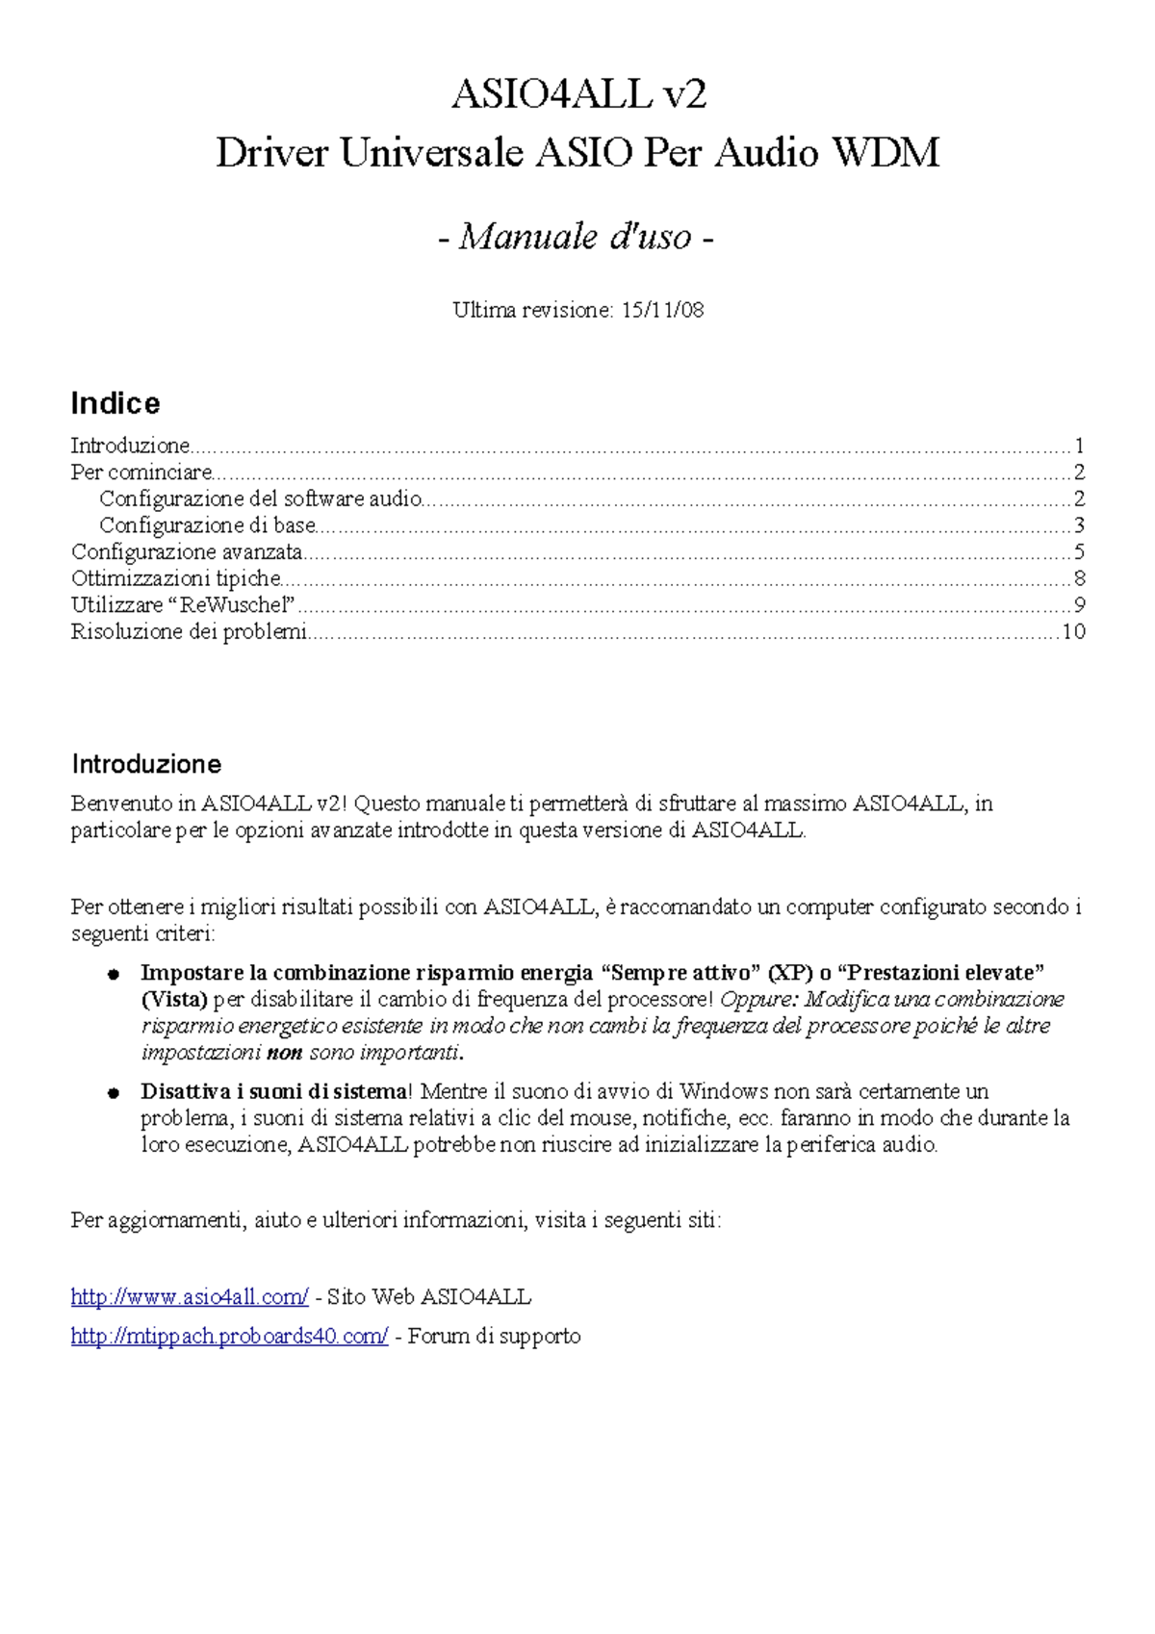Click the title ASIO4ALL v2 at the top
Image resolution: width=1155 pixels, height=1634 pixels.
coord(579,94)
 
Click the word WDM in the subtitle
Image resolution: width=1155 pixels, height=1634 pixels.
coord(885,153)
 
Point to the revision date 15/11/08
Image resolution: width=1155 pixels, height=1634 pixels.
coord(663,310)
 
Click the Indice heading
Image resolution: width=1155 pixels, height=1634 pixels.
coord(115,403)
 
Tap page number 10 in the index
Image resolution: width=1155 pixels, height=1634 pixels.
coord(1072,632)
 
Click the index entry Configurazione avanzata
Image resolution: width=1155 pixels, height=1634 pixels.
coord(187,552)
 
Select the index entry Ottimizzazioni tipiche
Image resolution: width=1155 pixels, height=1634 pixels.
coord(176,578)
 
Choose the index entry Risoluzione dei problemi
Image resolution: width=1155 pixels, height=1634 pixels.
coord(189,632)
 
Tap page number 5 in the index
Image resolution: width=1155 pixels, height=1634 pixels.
coord(1079,552)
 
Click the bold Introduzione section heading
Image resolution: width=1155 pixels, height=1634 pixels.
coord(146,764)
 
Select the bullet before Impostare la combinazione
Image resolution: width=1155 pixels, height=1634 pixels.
coord(113,974)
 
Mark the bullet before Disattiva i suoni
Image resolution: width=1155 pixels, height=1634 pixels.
coord(113,1093)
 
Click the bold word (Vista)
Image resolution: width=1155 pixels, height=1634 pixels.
coord(174,1000)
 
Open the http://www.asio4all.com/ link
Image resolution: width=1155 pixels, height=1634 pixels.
coord(190,1297)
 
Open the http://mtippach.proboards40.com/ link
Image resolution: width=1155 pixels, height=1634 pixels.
coord(229,1337)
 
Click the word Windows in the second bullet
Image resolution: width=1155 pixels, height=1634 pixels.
coord(723,1092)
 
